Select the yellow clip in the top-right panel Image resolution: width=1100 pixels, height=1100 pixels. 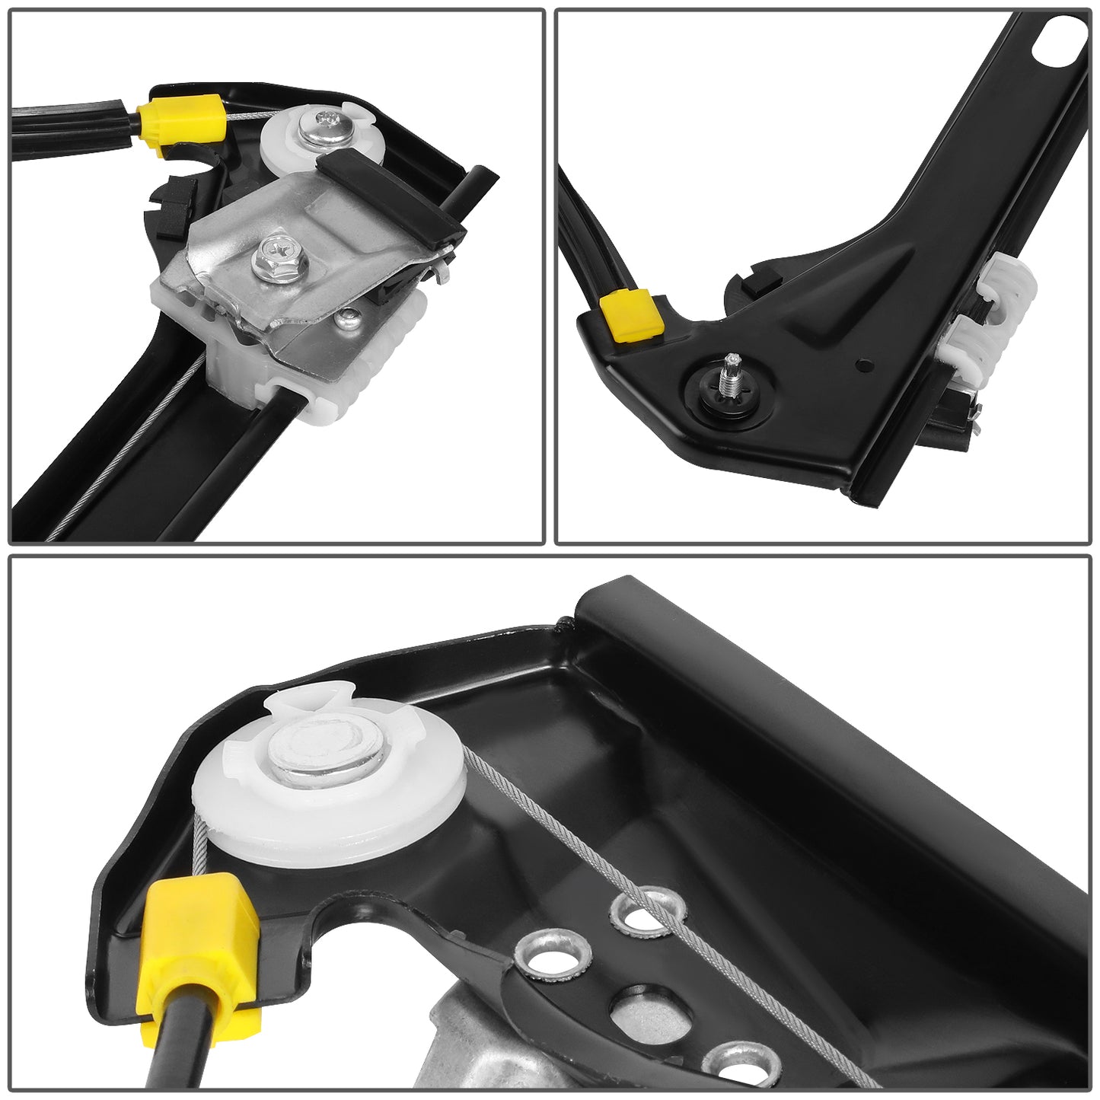click(631, 315)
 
